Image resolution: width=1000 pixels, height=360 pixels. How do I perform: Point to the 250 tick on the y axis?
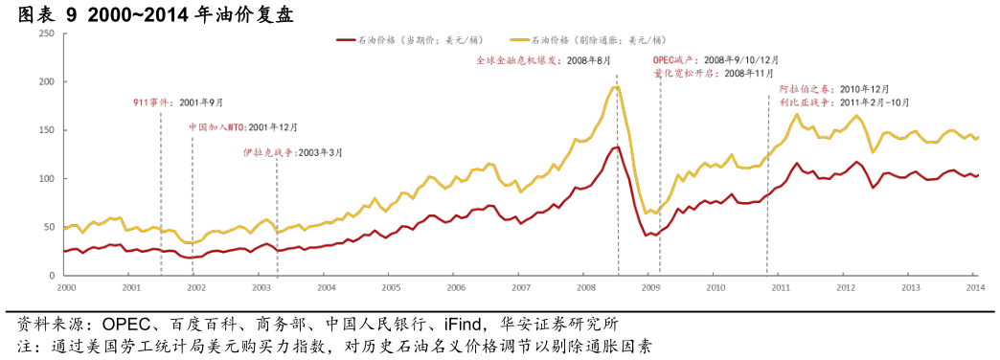click(x=46, y=34)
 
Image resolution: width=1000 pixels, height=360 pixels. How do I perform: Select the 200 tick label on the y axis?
click(x=46, y=82)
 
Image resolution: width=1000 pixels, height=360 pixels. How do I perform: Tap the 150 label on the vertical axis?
click(x=46, y=130)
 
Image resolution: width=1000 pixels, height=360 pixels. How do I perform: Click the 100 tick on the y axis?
click(x=46, y=179)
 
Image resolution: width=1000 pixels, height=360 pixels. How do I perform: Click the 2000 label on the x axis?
click(x=65, y=286)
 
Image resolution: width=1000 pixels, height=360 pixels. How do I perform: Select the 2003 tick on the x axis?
click(x=261, y=286)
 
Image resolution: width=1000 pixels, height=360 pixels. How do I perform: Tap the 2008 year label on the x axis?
click(x=585, y=286)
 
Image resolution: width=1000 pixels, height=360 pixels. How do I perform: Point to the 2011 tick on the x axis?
click(x=781, y=286)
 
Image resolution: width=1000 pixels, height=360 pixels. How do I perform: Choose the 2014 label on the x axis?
click(x=975, y=286)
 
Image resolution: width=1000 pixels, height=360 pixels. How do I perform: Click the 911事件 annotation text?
click(x=153, y=101)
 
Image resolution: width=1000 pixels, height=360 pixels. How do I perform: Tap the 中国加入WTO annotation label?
click(x=216, y=126)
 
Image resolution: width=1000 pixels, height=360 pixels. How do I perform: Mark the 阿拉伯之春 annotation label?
click(x=806, y=89)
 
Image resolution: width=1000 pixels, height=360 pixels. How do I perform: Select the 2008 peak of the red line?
click(x=615, y=146)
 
